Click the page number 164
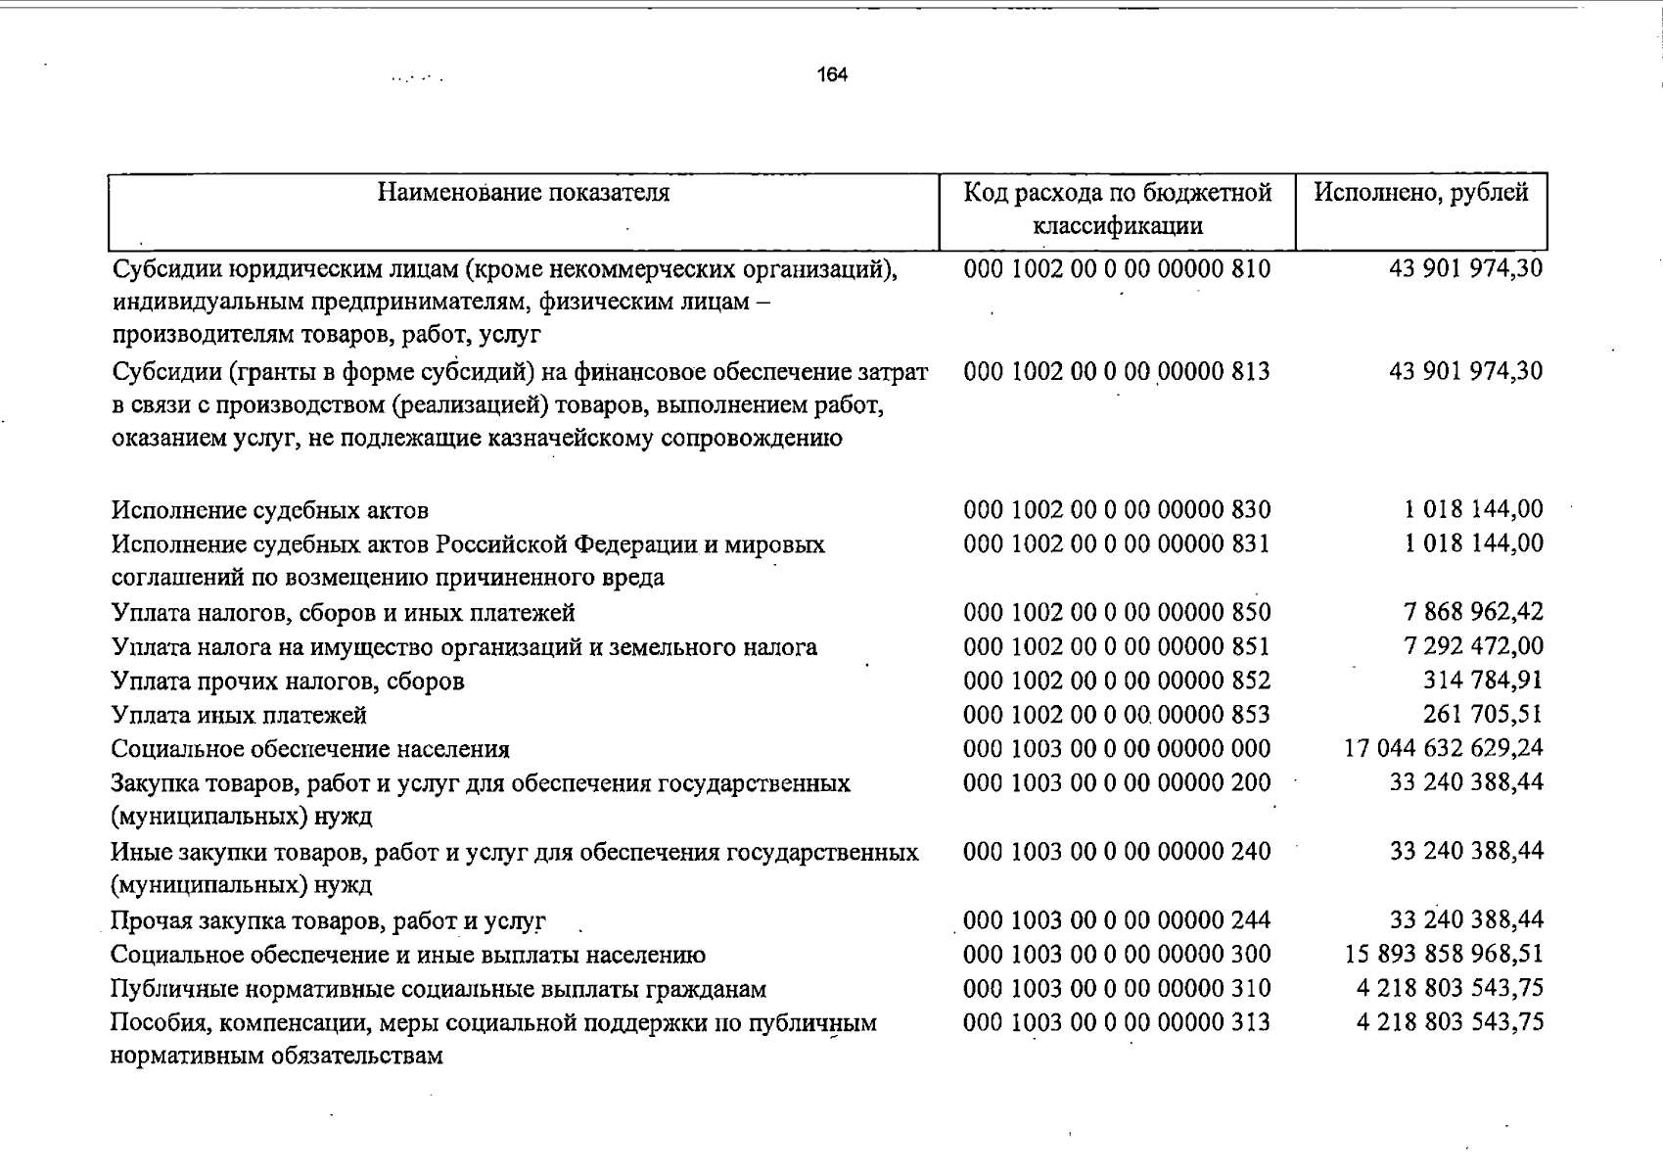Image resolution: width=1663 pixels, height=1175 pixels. pyautogui.click(x=832, y=75)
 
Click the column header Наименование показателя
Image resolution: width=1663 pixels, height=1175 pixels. pyautogui.click(x=524, y=193)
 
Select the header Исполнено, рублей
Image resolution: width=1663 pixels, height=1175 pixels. pyautogui.click(x=1420, y=193)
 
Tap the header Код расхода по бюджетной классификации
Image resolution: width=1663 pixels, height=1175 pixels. pyautogui.click(x=1117, y=209)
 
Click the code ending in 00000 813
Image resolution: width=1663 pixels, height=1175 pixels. pyautogui.click(x=1117, y=372)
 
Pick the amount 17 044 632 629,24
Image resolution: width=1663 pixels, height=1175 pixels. pyautogui.click(x=1444, y=749)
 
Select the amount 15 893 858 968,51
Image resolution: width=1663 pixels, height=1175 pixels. pyautogui.click(x=1444, y=954)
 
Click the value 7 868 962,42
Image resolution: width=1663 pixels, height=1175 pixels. pyautogui.click(x=1473, y=613)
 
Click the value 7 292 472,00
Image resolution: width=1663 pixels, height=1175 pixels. pyautogui.click(x=1473, y=646)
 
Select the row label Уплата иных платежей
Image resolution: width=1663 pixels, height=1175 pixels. pyautogui.click(x=239, y=716)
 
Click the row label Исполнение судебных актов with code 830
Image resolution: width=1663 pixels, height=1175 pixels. pyautogui.click(x=269, y=511)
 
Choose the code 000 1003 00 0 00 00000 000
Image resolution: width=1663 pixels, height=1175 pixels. pyautogui.click(x=1117, y=750)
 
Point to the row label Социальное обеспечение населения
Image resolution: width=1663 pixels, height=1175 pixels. pyautogui.click(x=310, y=750)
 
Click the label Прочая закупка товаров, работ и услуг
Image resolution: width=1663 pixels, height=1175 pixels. pyautogui.click(x=328, y=921)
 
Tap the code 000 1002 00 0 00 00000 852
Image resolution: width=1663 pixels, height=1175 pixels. pyautogui.click(x=1117, y=681)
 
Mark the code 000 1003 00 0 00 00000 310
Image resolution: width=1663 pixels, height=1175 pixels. pyautogui.click(x=1117, y=989)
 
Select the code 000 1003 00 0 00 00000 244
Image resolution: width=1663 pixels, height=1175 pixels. pyautogui.click(x=1117, y=920)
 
